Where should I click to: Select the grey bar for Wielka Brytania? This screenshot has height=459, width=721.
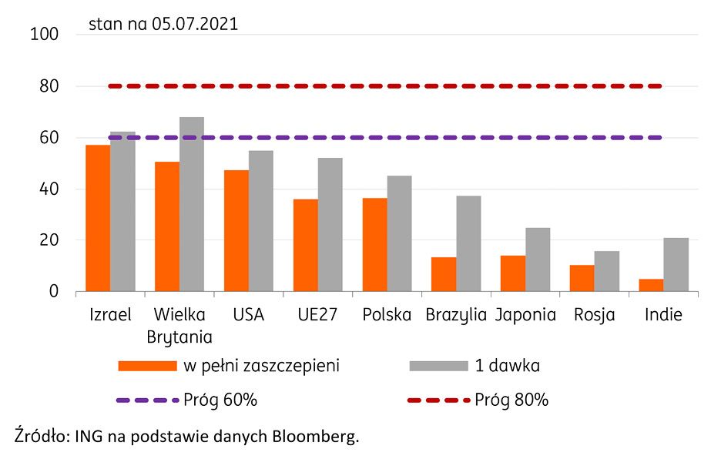point(192,204)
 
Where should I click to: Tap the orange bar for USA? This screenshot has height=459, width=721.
point(236,230)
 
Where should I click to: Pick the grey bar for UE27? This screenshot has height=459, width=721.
point(330,224)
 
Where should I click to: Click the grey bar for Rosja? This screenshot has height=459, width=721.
point(607,271)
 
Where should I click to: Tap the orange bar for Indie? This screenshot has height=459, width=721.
point(652,285)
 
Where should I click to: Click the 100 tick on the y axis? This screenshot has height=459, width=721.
point(44,35)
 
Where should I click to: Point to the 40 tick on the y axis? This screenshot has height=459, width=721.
point(49,189)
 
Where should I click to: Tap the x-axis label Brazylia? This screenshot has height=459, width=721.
point(456,315)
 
